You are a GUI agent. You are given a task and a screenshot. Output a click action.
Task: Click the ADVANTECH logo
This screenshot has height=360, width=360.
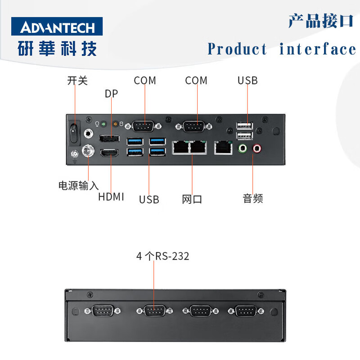click(57, 27)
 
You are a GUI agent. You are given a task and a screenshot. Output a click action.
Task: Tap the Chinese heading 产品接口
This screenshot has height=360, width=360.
click(321, 21)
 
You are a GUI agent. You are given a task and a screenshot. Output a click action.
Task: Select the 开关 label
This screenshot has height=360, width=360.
click(77, 81)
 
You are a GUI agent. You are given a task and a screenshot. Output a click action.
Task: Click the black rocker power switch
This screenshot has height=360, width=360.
click(73, 131)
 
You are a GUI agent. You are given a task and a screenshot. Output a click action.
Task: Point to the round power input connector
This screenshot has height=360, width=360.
click(88, 150)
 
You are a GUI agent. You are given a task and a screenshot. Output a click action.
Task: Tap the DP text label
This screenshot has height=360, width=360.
click(112, 94)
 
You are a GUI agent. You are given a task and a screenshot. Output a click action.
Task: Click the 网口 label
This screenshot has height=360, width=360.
click(192, 199)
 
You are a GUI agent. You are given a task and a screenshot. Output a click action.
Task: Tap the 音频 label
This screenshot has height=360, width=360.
click(253, 198)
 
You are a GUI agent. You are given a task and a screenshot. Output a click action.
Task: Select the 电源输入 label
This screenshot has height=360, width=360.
click(78, 185)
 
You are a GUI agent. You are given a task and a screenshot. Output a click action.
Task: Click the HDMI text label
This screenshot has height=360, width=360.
click(111, 197)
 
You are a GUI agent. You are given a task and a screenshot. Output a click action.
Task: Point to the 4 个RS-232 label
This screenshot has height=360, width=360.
click(163, 256)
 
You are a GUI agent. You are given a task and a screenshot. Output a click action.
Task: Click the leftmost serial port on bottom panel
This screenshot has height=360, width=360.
click(103, 311)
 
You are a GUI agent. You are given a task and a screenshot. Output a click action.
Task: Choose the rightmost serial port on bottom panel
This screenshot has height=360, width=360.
click(245, 311)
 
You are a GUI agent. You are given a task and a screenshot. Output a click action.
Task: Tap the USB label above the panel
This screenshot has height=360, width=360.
click(247, 81)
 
